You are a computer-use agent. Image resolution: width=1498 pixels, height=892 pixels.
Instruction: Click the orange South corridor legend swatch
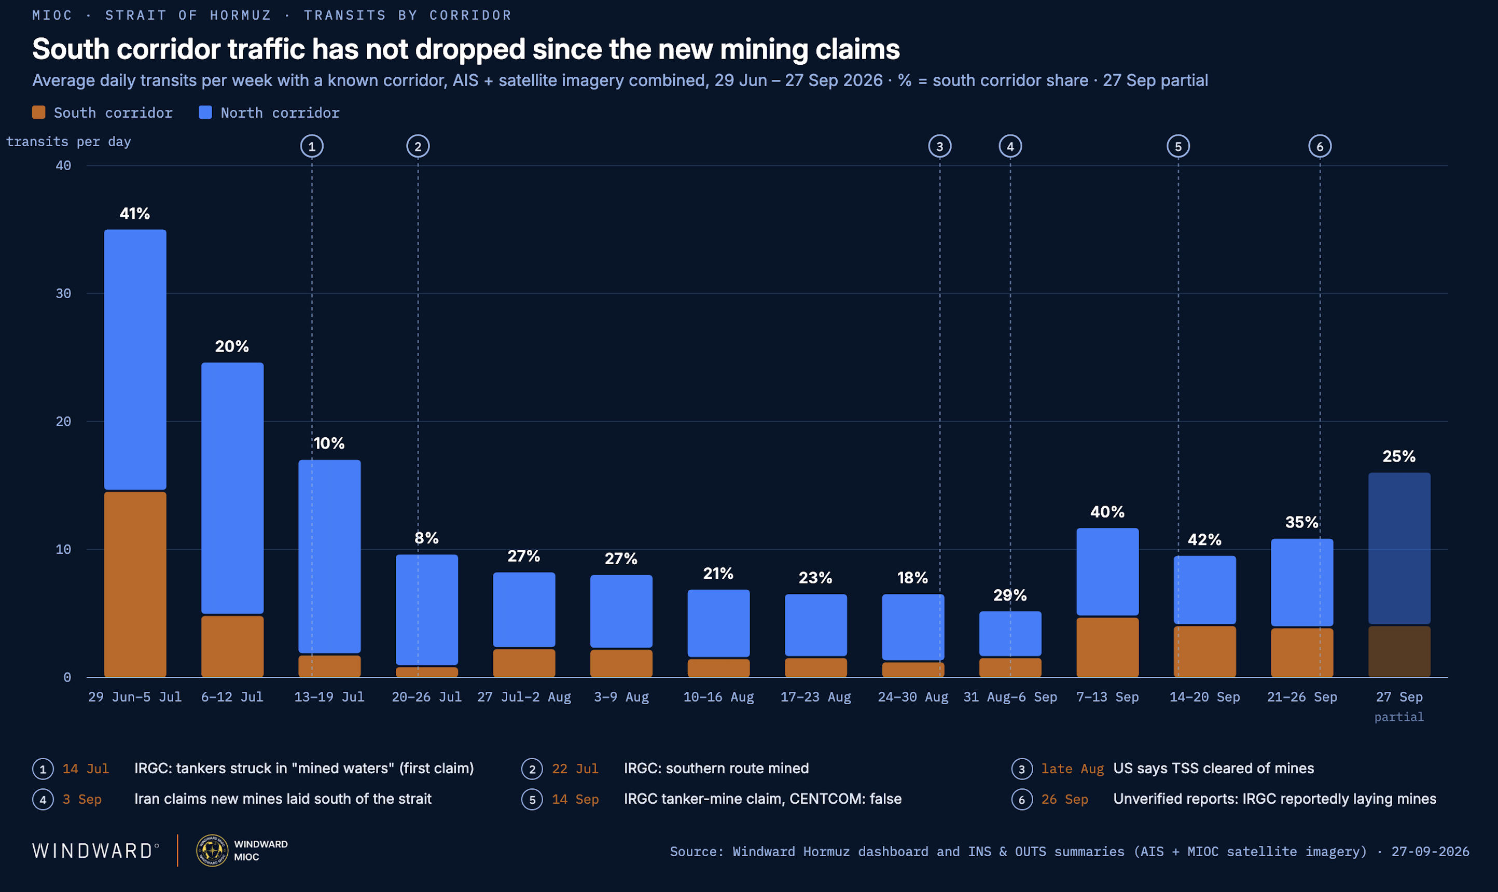(38, 113)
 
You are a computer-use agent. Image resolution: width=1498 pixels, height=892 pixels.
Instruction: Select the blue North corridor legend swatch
(205, 113)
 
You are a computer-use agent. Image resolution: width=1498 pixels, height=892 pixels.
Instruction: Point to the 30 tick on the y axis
(63, 294)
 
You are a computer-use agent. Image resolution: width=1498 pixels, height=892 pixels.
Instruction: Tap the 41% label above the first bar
(135, 213)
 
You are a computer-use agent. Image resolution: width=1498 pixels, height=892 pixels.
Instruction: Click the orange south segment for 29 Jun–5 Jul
(135, 584)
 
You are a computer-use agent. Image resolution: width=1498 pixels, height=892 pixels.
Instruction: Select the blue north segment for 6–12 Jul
(232, 487)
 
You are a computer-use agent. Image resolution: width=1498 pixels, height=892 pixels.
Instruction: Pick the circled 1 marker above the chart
(311, 146)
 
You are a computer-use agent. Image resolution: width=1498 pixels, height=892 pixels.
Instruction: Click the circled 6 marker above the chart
(1320, 146)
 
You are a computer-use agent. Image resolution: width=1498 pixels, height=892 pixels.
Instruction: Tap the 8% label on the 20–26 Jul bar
(426, 538)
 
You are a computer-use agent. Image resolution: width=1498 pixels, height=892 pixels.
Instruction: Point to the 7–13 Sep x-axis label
(1107, 696)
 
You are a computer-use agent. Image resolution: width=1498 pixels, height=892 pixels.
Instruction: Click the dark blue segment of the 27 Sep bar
(1399, 548)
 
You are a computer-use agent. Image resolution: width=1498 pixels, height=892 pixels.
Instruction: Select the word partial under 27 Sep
(1399, 717)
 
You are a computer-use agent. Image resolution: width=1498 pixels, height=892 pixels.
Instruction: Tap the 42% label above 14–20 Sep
(1204, 540)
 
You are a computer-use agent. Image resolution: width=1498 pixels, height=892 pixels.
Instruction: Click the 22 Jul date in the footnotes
(575, 768)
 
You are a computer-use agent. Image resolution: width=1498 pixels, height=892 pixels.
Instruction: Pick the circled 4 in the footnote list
(43, 800)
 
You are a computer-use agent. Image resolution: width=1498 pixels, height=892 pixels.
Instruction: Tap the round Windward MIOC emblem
(212, 851)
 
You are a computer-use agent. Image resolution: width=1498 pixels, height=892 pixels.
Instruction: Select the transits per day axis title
(68, 142)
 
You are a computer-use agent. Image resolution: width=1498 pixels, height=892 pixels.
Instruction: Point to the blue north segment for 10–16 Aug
(718, 623)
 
